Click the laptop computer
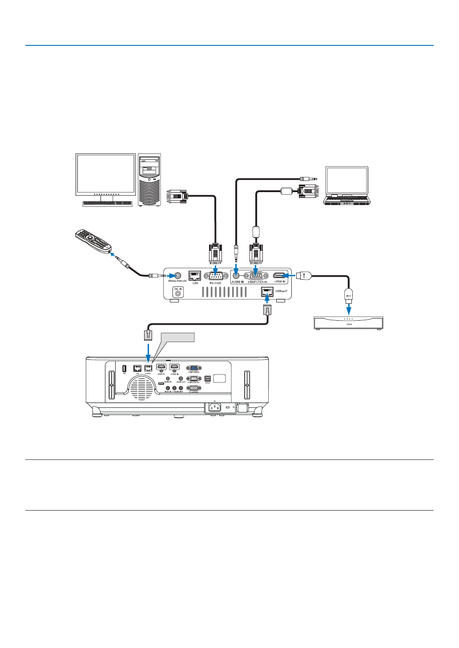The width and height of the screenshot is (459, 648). pyautogui.click(x=346, y=186)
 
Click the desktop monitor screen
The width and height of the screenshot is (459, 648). pyautogui.click(x=105, y=173)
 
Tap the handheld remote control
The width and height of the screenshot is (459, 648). pyautogui.click(x=93, y=242)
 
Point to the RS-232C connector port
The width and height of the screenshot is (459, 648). pyautogui.click(x=216, y=276)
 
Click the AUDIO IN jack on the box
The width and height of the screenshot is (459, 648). pyautogui.click(x=236, y=276)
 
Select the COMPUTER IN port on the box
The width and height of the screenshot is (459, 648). pyautogui.click(x=256, y=275)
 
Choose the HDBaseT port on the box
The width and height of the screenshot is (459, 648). pyautogui.click(x=267, y=291)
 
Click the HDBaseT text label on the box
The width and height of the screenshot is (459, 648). pyautogui.click(x=282, y=291)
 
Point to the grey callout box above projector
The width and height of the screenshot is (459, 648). pyautogui.click(x=178, y=337)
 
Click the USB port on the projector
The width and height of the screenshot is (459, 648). pyautogui.click(x=124, y=368)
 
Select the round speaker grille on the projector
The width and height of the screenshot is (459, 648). pyautogui.click(x=142, y=386)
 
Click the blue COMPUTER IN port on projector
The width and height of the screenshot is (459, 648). pyautogui.click(x=193, y=368)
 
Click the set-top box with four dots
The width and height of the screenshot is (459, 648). pyautogui.click(x=348, y=323)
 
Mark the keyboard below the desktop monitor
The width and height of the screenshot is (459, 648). pyautogui.click(x=107, y=203)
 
